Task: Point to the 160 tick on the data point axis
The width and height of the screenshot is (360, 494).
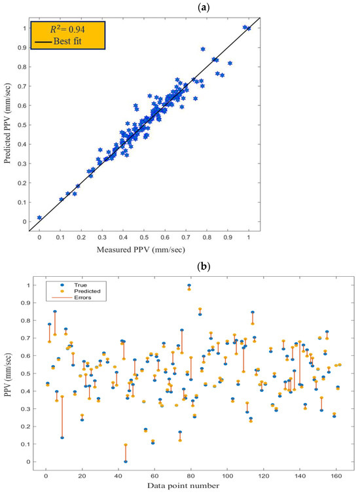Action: tap(337, 474)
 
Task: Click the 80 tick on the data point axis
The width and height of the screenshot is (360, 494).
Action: tap(191, 474)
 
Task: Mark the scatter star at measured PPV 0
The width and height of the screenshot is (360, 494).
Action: tap(40, 218)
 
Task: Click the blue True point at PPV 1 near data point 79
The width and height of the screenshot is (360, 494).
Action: tap(189, 285)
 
